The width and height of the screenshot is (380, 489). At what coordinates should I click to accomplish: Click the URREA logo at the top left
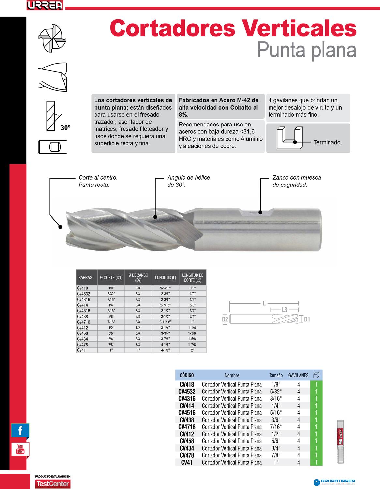click(45, 6)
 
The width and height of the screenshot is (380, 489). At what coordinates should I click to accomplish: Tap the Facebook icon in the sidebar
click(20, 430)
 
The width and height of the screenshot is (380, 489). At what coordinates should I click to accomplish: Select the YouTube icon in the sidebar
click(20, 449)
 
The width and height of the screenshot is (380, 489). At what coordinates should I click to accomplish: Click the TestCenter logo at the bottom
click(53, 483)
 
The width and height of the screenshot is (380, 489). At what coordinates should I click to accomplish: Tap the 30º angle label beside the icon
click(66, 128)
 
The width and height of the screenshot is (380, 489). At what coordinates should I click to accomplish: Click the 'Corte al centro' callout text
click(98, 181)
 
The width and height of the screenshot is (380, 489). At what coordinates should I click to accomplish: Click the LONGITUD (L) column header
click(165, 278)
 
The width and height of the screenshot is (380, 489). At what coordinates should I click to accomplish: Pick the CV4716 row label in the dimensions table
click(83, 322)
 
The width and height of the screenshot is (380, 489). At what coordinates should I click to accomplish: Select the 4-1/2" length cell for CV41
click(165, 350)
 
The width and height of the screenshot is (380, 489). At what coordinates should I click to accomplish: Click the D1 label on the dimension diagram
click(306, 319)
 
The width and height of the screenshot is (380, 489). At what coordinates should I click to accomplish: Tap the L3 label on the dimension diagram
click(285, 309)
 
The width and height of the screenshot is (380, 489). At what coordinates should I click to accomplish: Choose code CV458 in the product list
click(187, 441)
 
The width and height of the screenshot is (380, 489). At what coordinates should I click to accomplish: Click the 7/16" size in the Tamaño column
click(276, 427)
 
